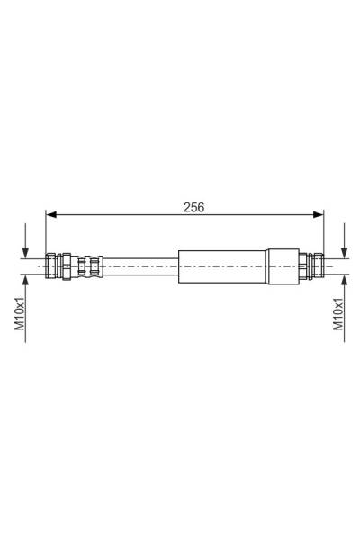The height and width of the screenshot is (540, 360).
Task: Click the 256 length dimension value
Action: (x=193, y=207)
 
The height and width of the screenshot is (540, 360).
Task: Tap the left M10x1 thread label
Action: (x=20, y=312)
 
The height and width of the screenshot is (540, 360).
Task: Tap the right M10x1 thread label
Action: (x=338, y=312)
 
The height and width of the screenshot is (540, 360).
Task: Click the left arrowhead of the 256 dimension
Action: (x=51, y=214)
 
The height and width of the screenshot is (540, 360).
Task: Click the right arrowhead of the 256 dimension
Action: (x=319, y=214)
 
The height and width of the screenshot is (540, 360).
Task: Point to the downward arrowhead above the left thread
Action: (x=25, y=253)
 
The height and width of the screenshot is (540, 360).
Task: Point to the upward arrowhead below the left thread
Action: (x=25, y=280)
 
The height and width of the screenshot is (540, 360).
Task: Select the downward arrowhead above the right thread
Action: (x=344, y=253)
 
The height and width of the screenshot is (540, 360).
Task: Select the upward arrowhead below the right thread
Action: (x=344, y=280)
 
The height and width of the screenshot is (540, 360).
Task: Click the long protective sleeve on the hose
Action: (x=222, y=266)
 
